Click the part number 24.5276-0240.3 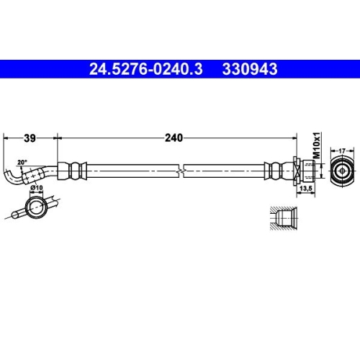146,70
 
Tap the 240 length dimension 174,137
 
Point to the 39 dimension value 30,137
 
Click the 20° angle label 22,162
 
